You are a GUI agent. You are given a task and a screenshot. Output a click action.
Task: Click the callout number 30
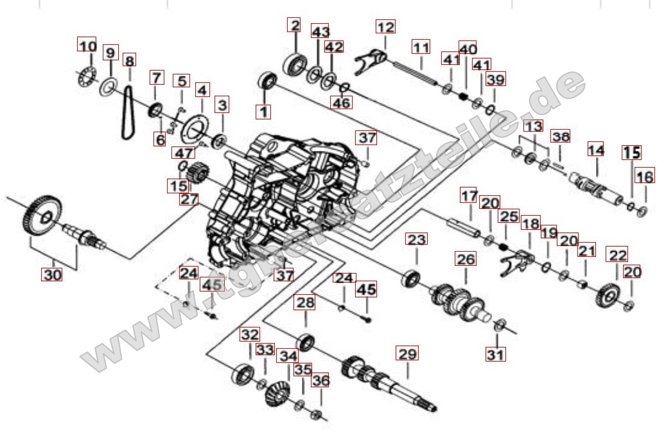pos(52,274)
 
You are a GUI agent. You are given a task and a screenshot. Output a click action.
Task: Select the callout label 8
pos(130,61)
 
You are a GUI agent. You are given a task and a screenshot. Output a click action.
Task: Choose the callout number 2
pos(295,26)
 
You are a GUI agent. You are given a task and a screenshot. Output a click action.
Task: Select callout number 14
pos(596,150)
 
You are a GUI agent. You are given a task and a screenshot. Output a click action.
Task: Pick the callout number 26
pos(466,259)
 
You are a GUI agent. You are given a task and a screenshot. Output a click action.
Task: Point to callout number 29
pos(407,353)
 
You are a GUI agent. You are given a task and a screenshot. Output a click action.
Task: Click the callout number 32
pos(250,334)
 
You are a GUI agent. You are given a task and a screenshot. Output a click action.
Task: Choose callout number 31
pos(495,353)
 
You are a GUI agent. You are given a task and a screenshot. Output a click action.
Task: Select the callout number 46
pos(342,102)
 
